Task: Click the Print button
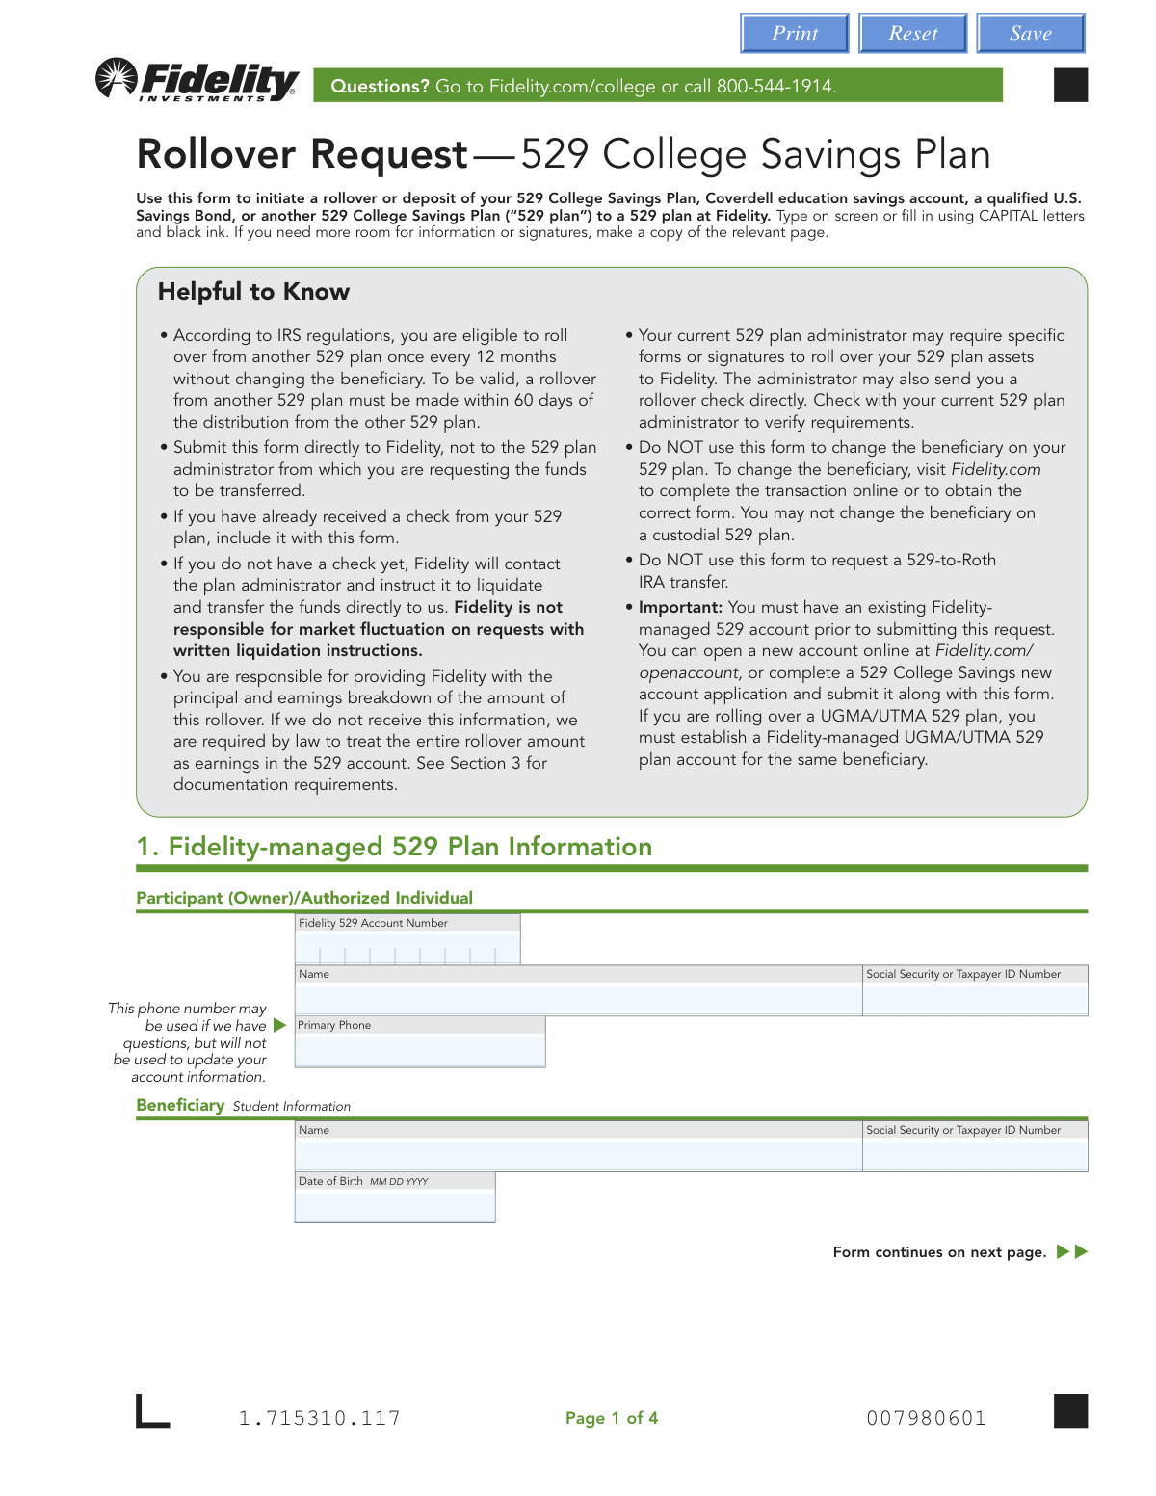[x=795, y=34]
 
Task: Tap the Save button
[x=1030, y=34]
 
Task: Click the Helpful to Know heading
[x=253, y=292]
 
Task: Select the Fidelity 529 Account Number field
[x=407, y=950]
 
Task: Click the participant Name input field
[x=578, y=1000]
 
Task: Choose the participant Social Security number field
[x=975, y=1000]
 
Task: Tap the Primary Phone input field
[x=420, y=1051]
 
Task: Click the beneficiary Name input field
[x=578, y=1155]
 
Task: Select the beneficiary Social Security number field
[x=975, y=1155]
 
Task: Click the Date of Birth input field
[x=395, y=1206]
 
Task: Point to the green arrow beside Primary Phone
[x=280, y=1025]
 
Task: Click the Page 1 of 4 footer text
[x=612, y=1418]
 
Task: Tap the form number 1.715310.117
[x=319, y=1418]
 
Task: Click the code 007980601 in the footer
[x=926, y=1418]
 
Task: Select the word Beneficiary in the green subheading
[x=180, y=1105]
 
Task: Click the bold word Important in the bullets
[x=680, y=608]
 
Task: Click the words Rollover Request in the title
[x=302, y=154]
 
